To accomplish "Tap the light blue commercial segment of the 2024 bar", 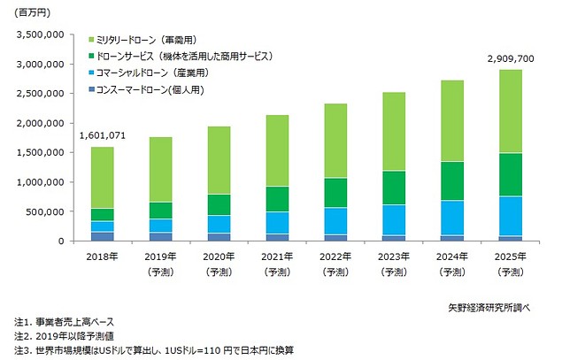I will pos(452,218).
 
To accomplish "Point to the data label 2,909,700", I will pos(509,58).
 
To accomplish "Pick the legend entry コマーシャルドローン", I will pos(141,73).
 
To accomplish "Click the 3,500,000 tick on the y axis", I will pos(36,34).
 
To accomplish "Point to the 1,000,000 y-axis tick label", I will pos(36,182).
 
